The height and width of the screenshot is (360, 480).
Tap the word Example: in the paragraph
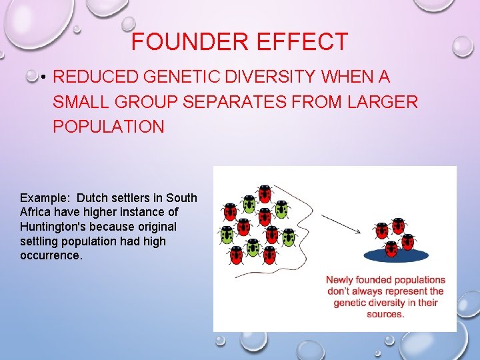coord(45,198)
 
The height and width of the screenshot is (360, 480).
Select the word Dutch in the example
coord(92,198)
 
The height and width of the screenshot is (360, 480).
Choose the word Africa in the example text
coord(35,212)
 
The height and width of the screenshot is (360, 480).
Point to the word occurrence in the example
coord(51,255)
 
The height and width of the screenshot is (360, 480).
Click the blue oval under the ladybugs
coord(396,255)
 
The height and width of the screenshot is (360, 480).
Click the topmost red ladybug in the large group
coord(265,193)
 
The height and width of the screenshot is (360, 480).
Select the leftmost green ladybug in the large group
coord(227,235)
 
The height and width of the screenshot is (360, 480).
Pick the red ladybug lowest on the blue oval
coord(391,249)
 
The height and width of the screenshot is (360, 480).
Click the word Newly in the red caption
coord(341,280)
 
